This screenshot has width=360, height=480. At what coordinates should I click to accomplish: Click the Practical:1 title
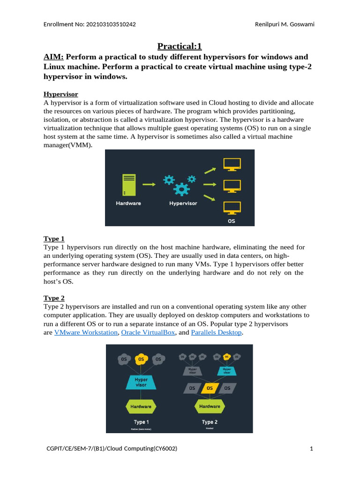click(x=180, y=46)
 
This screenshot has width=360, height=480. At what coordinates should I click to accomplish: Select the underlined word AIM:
click(x=53, y=57)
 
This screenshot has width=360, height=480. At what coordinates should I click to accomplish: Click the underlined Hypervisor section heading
click(x=60, y=94)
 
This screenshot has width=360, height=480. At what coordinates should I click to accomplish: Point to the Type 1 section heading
click(x=54, y=239)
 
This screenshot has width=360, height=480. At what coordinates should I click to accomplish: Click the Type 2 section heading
click(x=54, y=298)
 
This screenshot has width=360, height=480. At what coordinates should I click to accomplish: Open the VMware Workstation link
click(x=86, y=332)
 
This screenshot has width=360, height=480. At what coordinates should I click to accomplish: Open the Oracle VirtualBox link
click(x=148, y=332)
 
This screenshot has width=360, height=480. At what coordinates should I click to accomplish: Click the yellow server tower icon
click(x=128, y=185)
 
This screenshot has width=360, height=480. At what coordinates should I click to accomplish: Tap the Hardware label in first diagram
click(x=128, y=203)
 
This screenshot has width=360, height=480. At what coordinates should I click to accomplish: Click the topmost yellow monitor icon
click(x=232, y=165)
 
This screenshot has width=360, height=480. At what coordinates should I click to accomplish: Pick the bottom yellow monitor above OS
click(x=232, y=208)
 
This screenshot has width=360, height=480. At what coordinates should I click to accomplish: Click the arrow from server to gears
click(x=149, y=185)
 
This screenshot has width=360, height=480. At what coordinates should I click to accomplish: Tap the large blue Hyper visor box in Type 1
click(x=141, y=382)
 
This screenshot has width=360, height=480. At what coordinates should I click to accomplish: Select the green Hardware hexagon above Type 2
click(x=210, y=406)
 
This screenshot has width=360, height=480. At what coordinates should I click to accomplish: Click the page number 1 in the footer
click(x=311, y=449)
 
